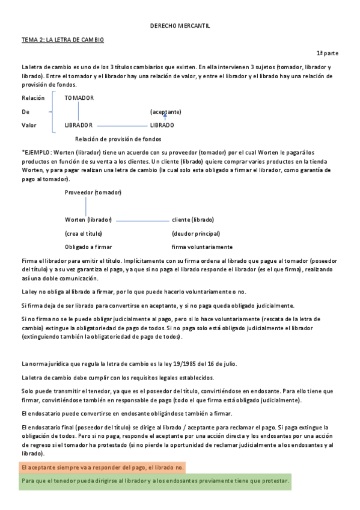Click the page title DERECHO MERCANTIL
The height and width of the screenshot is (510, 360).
tap(180, 26)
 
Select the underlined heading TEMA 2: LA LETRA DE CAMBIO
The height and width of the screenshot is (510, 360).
tap(63, 39)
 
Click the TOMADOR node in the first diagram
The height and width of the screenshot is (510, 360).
tap(79, 98)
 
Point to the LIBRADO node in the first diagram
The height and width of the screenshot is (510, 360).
tap(162, 125)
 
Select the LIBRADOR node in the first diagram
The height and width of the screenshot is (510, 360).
tap(78, 125)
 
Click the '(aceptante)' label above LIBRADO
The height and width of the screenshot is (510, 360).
tap(165, 112)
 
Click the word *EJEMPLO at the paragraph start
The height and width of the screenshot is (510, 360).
tap(36, 152)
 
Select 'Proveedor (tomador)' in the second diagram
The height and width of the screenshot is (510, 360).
tap(93, 192)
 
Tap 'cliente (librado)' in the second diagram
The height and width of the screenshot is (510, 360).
tap(192, 220)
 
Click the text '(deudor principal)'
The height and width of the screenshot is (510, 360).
tap(196, 233)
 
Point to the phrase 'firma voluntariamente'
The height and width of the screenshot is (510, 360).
tap(202, 247)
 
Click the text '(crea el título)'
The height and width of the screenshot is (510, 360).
tap(83, 233)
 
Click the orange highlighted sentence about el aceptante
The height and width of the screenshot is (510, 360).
tap(103, 467)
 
